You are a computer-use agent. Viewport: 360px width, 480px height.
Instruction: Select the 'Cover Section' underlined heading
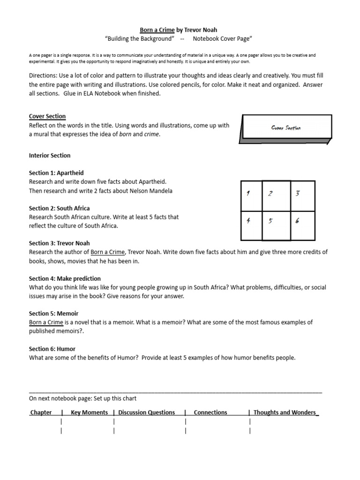coord(47,116)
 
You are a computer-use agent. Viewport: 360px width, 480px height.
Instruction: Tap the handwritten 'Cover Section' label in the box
coord(286,127)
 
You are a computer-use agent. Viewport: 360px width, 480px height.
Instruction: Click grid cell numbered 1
coord(251,196)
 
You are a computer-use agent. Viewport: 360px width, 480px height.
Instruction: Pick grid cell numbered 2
coord(276,196)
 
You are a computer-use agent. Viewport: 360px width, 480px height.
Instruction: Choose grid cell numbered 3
coord(302,196)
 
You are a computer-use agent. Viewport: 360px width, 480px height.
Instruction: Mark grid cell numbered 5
coord(276,226)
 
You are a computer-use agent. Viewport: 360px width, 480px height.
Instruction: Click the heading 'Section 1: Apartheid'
coord(56,173)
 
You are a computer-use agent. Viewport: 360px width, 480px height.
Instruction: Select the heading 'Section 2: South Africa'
coord(59,208)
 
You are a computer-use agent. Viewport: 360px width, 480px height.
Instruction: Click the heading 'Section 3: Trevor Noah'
coord(59,243)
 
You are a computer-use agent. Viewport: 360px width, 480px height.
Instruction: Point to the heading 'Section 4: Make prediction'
coord(65,278)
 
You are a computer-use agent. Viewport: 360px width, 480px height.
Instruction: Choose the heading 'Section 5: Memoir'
coord(53,314)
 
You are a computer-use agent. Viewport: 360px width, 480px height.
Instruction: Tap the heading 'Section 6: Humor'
coord(52,349)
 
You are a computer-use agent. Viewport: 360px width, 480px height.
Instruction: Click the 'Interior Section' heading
coord(50,155)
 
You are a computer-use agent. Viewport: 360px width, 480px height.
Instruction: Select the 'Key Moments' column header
coord(89,412)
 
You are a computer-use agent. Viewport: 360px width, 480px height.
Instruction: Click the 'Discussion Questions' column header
coord(147,412)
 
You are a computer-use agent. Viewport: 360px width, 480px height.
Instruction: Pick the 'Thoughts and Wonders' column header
coord(285,412)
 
